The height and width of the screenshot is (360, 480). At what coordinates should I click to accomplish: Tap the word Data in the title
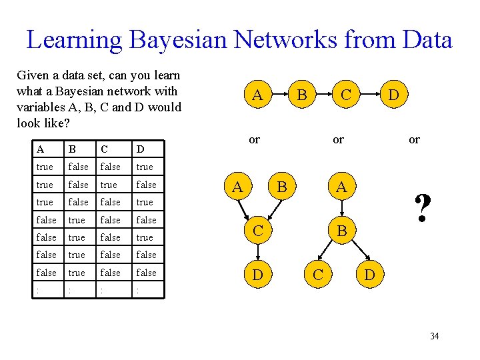(423, 40)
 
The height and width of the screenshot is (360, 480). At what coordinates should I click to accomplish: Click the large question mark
(421, 209)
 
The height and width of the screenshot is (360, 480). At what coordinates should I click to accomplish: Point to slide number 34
(434, 336)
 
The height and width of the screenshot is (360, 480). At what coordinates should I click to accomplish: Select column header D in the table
(140, 149)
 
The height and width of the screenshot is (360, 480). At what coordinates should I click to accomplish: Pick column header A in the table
(41, 149)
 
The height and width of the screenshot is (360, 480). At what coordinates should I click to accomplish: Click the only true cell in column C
(108, 185)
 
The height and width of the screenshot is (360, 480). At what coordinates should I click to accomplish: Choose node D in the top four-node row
(393, 96)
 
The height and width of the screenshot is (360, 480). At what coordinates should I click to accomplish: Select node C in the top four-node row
(345, 96)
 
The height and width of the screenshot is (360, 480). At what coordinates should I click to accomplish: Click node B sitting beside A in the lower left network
(281, 187)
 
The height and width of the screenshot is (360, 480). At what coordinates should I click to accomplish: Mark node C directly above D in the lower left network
(256, 230)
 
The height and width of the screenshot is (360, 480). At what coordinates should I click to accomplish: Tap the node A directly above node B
(341, 187)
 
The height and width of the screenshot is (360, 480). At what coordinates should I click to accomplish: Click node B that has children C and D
(341, 231)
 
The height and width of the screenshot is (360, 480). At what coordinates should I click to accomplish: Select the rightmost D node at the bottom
(369, 274)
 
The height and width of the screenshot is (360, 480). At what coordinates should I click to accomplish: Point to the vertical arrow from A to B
(341, 209)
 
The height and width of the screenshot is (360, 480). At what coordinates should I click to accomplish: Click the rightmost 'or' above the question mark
(414, 140)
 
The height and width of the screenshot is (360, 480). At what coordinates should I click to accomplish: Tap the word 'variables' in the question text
(39, 107)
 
